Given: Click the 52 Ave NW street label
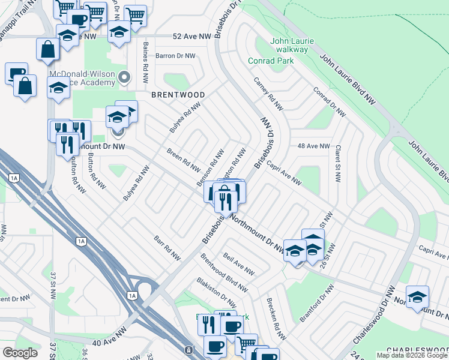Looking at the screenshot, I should pyautogui.click(x=175, y=37).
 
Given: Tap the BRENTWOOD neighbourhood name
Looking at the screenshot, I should pyautogui.click(x=178, y=95).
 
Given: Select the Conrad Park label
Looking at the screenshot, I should pyautogui.click(x=271, y=61).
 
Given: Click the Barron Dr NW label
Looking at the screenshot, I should pyautogui.click(x=175, y=56).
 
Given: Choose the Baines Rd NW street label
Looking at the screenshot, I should pyautogui.click(x=145, y=64).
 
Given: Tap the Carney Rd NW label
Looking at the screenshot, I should pyautogui.click(x=268, y=94).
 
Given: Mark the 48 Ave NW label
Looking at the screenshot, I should pyautogui.click(x=313, y=146).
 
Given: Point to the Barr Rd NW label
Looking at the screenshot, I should pyautogui.click(x=166, y=247).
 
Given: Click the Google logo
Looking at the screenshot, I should pyautogui.click(x=20, y=353).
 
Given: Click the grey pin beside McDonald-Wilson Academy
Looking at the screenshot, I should pyautogui.click(x=124, y=77).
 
